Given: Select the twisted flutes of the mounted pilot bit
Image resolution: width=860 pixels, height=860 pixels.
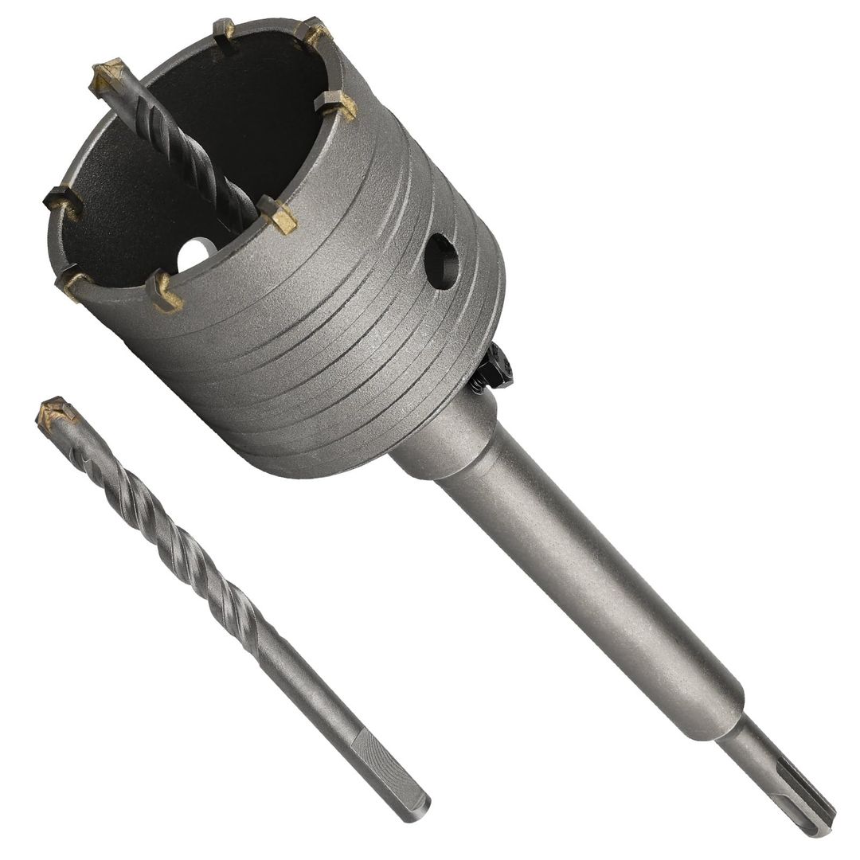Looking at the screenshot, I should [191, 151].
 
